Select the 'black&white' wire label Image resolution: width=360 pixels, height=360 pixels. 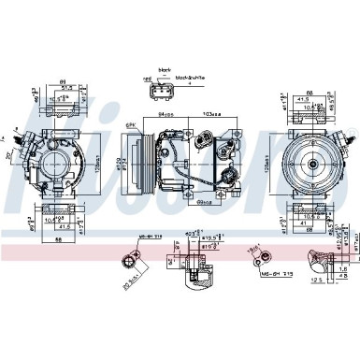[190, 79]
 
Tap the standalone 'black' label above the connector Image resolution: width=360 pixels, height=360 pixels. [166, 69]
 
